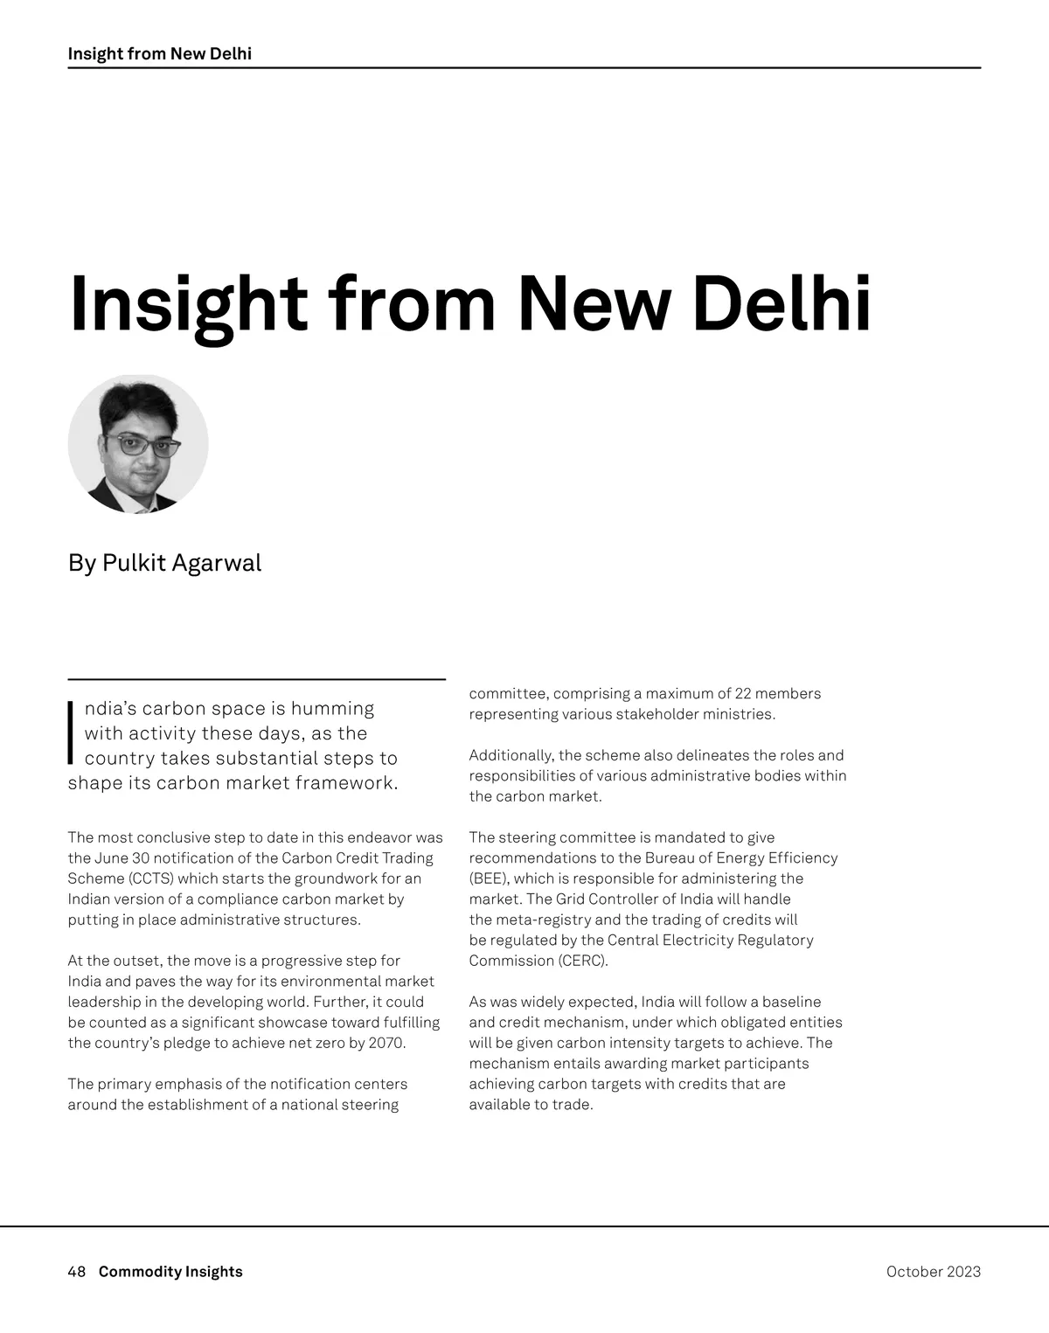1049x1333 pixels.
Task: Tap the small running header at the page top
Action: coord(159,53)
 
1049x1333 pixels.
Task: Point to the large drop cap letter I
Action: coord(72,733)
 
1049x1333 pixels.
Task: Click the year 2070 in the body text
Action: coord(386,1043)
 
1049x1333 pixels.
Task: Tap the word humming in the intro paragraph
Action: coord(332,708)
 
